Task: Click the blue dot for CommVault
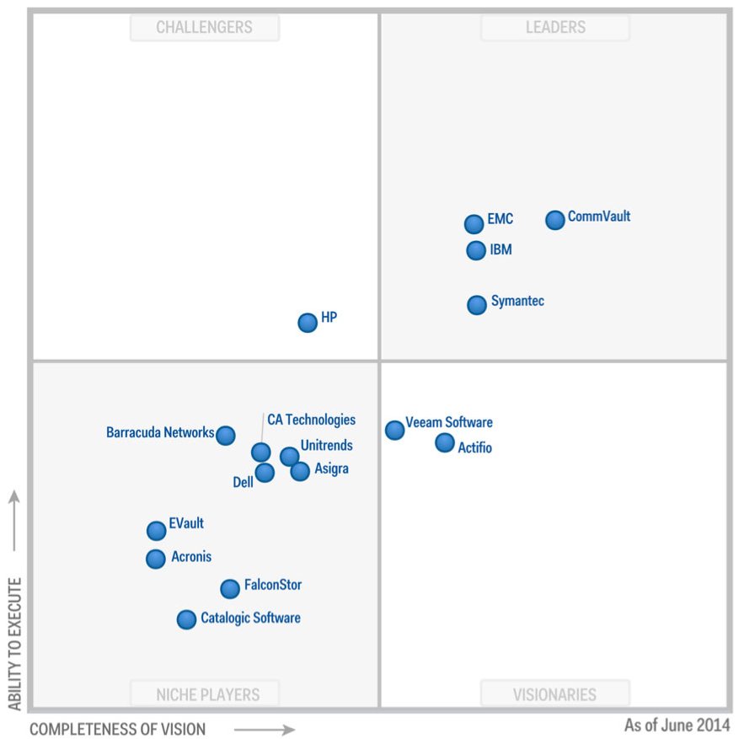(x=554, y=220)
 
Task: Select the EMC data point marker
(x=474, y=223)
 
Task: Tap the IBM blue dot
(x=476, y=250)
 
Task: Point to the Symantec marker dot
(x=477, y=304)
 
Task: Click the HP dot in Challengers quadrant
(x=308, y=322)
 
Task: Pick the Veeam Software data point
(x=394, y=430)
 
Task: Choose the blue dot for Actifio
(x=444, y=442)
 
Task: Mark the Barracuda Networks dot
(x=225, y=435)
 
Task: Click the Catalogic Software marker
(x=186, y=619)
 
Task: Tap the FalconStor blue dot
(x=230, y=588)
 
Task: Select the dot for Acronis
(x=155, y=559)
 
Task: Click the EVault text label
(x=186, y=524)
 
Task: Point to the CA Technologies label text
(x=311, y=420)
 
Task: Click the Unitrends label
(x=326, y=446)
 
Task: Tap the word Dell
(x=243, y=483)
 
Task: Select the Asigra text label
(x=330, y=469)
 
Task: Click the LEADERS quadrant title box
(x=555, y=27)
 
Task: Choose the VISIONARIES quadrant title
(x=554, y=694)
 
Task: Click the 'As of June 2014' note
(x=677, y=726)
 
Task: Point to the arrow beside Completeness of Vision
(x=265, y=729)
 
